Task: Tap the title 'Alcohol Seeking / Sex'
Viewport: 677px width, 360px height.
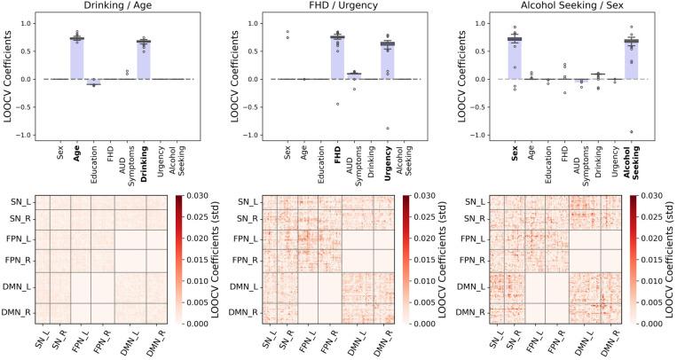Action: pos(564,7)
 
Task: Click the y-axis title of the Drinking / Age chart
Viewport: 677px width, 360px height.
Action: pos(8,79)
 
